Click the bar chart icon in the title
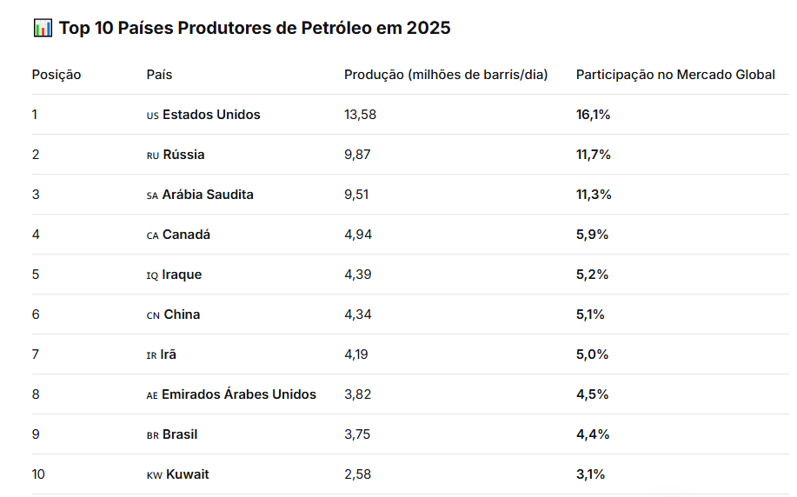pyautogui.click(x=43, y=28)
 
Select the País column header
pyautogui.click(x=159, y=75)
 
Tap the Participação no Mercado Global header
pyautogui.click(x=675, y=75)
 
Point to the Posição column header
pyautogui.click(x=56, y=75)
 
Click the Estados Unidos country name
pyautogui.click(x=211, y=115)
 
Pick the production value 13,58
pyautogui.click(x=360, y=115)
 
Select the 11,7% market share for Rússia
pyautogui.click(x=594, y=155)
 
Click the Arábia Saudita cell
pyautogui.click(x=208, y=195)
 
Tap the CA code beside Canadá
pyautogui.click(x=152, y=235)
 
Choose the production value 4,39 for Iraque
pyautogui.click(x=357, y=275)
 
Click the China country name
pyautogui.click(x=182, y=315)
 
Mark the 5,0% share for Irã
pyautogui.click(x=592, y=355)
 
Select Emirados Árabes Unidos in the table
pyautogui.click(x=239, y=394)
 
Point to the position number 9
pyautogui.click(x=36, y=434)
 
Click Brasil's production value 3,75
pyautogui.click(x=357, y=434)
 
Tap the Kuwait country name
pyautogui.click(x=188, y=474)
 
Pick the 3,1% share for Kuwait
pyautogui.click(x=590, y=474)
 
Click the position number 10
pyautogui.click(x=39, y=474)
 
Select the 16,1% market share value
pyautogui.click(x=593, y=115)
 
